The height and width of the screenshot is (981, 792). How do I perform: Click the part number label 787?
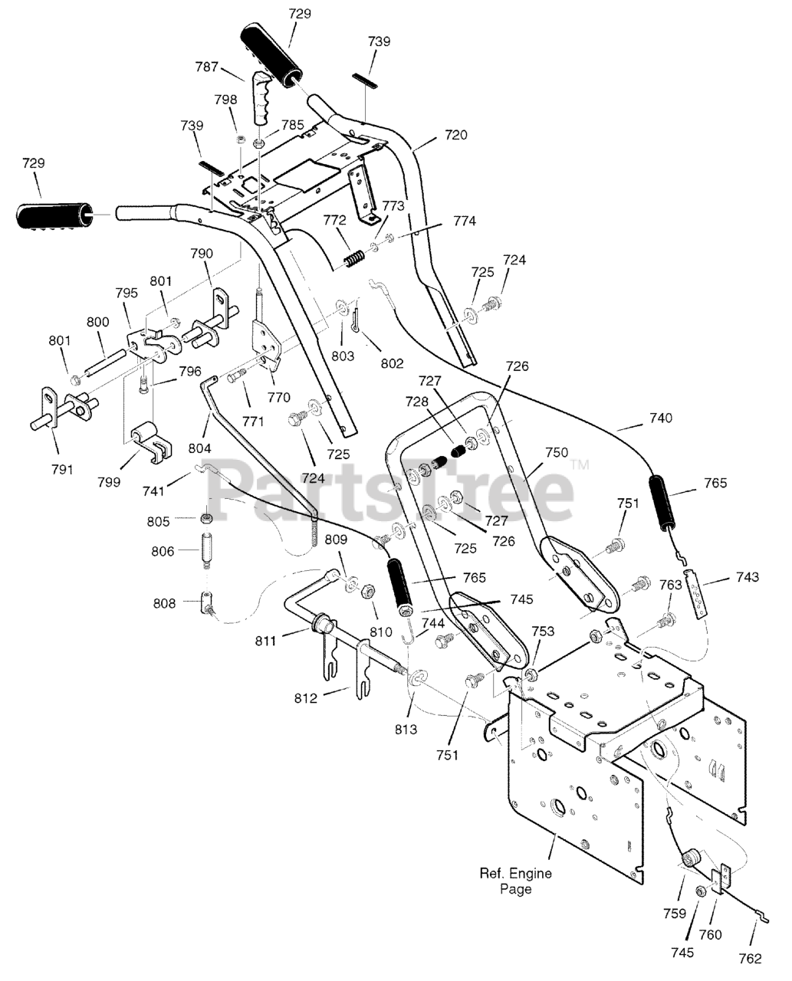pos(206,67)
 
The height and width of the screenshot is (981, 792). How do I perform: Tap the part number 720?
pos(456,135)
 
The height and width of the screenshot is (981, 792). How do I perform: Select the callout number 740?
pos(661,418)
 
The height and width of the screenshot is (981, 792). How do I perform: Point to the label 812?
pos(306,698)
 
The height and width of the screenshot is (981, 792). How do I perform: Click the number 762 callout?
pos(750,959)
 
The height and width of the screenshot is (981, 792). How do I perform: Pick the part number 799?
pos(109,482)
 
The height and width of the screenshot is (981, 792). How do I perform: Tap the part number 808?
pos(164,603)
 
